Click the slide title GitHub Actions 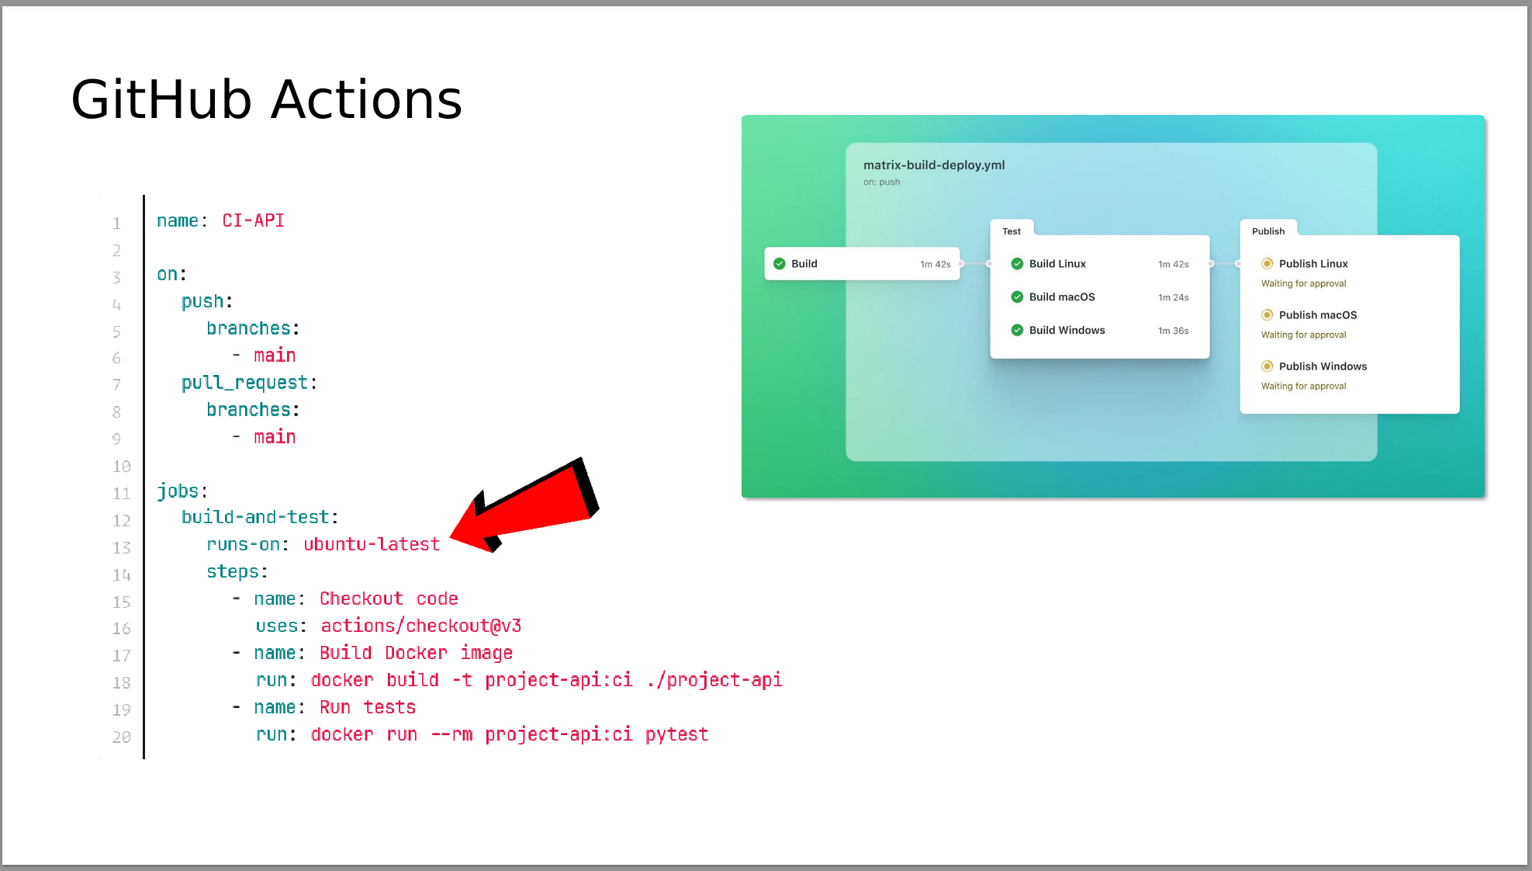[x=267, y=100]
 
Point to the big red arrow [x=524, y=505]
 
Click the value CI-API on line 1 [x=253, y=220]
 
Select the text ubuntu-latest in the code [x=372, y=544]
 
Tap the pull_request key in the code [x=244, y=383]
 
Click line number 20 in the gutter [x=121, y=737]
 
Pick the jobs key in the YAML [x=178, y=491]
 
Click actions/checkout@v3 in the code [x=421, y=626]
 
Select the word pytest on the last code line [x=676, y=734]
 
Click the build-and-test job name [x=255, y=517]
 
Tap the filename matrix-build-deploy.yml [x=934, y=165]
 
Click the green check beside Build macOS [x=1017, y=297]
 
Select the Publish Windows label [x=1323, y=366]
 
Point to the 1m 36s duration [x=1173, y=331]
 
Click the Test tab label [x=1012, y=231]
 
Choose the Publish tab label [x=1268, y=231]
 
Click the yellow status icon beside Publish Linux [x=1267, y=263]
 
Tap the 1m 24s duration [x=1173, y=297]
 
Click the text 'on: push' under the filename [x=882, y=182]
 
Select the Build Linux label [x=1057, y=264]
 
